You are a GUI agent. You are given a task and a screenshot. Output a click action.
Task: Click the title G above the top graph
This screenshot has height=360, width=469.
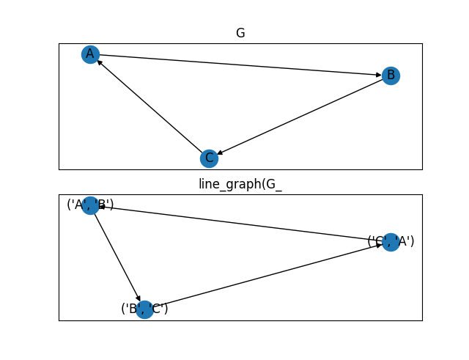(240, 33)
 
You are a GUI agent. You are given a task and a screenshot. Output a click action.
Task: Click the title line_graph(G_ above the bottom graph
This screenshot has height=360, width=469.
(240, 184)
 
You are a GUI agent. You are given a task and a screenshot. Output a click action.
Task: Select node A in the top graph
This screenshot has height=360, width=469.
(90, 54)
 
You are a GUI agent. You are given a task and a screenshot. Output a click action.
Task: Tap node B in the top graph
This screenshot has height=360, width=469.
(391, 76)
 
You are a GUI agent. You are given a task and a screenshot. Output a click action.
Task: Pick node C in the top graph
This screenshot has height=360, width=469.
(209, 158)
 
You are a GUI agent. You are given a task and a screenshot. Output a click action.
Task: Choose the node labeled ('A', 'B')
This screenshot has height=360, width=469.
(90, 205)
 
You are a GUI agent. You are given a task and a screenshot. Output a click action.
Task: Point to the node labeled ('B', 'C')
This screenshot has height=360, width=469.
(144, 309)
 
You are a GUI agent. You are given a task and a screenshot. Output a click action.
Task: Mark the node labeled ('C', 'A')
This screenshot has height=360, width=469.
(391, 242)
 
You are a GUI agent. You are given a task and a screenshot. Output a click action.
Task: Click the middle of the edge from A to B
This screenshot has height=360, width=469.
(240, 65)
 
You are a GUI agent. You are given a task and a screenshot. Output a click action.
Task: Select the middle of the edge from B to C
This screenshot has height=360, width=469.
(300, 117)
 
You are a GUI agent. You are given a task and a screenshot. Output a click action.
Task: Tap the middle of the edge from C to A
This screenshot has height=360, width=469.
(149, 106)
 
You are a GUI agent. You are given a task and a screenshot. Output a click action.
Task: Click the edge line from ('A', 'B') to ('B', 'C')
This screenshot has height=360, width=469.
(117, 257)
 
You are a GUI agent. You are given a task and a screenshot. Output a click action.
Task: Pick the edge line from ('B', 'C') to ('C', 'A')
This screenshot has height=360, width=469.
(267, 276)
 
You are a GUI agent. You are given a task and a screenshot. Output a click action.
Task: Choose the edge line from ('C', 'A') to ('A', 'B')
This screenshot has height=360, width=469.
(240, 224)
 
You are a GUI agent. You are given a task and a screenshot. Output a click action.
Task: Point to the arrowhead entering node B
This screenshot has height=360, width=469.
(379, 74)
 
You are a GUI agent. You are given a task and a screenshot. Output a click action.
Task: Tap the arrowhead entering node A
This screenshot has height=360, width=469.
(99, 62)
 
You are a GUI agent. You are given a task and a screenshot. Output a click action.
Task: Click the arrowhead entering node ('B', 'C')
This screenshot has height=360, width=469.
(139, 299)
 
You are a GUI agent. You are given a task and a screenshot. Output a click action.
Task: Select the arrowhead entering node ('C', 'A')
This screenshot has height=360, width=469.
(379, 245)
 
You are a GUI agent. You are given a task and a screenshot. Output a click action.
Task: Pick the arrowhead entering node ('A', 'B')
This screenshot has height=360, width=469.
(102, 207)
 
